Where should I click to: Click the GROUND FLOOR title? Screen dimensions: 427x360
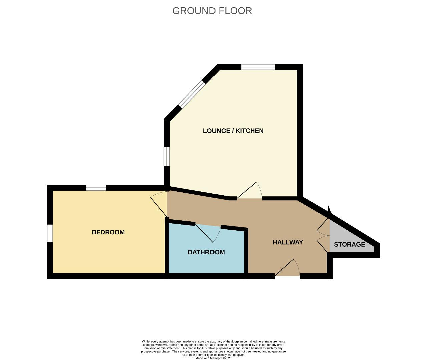(x=212, y=11)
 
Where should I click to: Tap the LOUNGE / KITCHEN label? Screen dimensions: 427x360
(x=233, y=131)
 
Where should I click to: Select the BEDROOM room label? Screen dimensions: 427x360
(x=108, y=232)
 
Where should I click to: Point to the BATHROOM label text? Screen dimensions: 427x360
(x=206, y=252)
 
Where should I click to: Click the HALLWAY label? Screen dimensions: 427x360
(x=288, y=242)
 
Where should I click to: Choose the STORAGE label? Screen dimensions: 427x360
(x=349, y=244)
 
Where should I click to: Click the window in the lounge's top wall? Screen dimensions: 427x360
(x=258, y=67)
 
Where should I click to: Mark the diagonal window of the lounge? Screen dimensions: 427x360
(x=192, y=94)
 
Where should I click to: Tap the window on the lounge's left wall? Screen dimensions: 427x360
(x=167, y=156)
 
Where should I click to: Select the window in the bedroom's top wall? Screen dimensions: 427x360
(x=96, y=188)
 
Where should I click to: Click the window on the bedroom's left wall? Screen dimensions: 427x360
(x=50, y=233)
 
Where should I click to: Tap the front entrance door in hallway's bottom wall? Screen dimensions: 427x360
(x=287, y=267)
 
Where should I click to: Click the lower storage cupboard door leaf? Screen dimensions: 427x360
(x=323, y=244)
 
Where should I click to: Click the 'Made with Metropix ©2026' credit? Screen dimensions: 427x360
(x=213, y=358)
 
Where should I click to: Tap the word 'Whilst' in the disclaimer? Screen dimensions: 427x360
(x=146, y=341)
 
